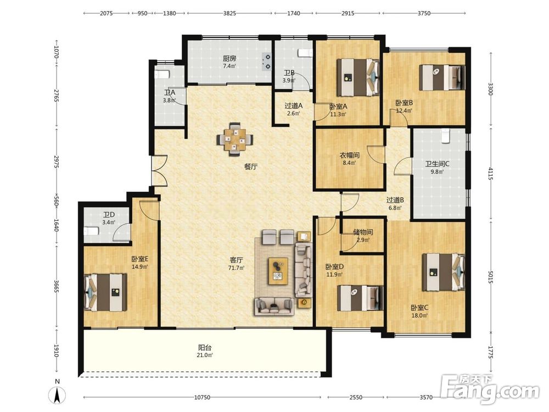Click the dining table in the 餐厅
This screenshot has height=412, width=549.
235,140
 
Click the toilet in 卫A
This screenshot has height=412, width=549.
162,75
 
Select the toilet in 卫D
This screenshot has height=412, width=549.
91,231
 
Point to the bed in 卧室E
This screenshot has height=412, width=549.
105,292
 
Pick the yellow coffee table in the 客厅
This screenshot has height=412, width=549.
278,271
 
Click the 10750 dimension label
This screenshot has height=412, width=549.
202,397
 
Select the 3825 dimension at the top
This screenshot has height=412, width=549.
229,13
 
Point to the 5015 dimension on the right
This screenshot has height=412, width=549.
490,277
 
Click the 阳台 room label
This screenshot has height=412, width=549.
204,348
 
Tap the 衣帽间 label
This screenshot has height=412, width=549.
349,155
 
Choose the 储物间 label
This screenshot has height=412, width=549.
363,232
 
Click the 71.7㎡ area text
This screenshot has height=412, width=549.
236,268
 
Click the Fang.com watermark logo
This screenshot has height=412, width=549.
490,389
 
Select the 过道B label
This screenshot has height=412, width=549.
395,200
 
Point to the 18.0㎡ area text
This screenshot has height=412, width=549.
419,315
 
